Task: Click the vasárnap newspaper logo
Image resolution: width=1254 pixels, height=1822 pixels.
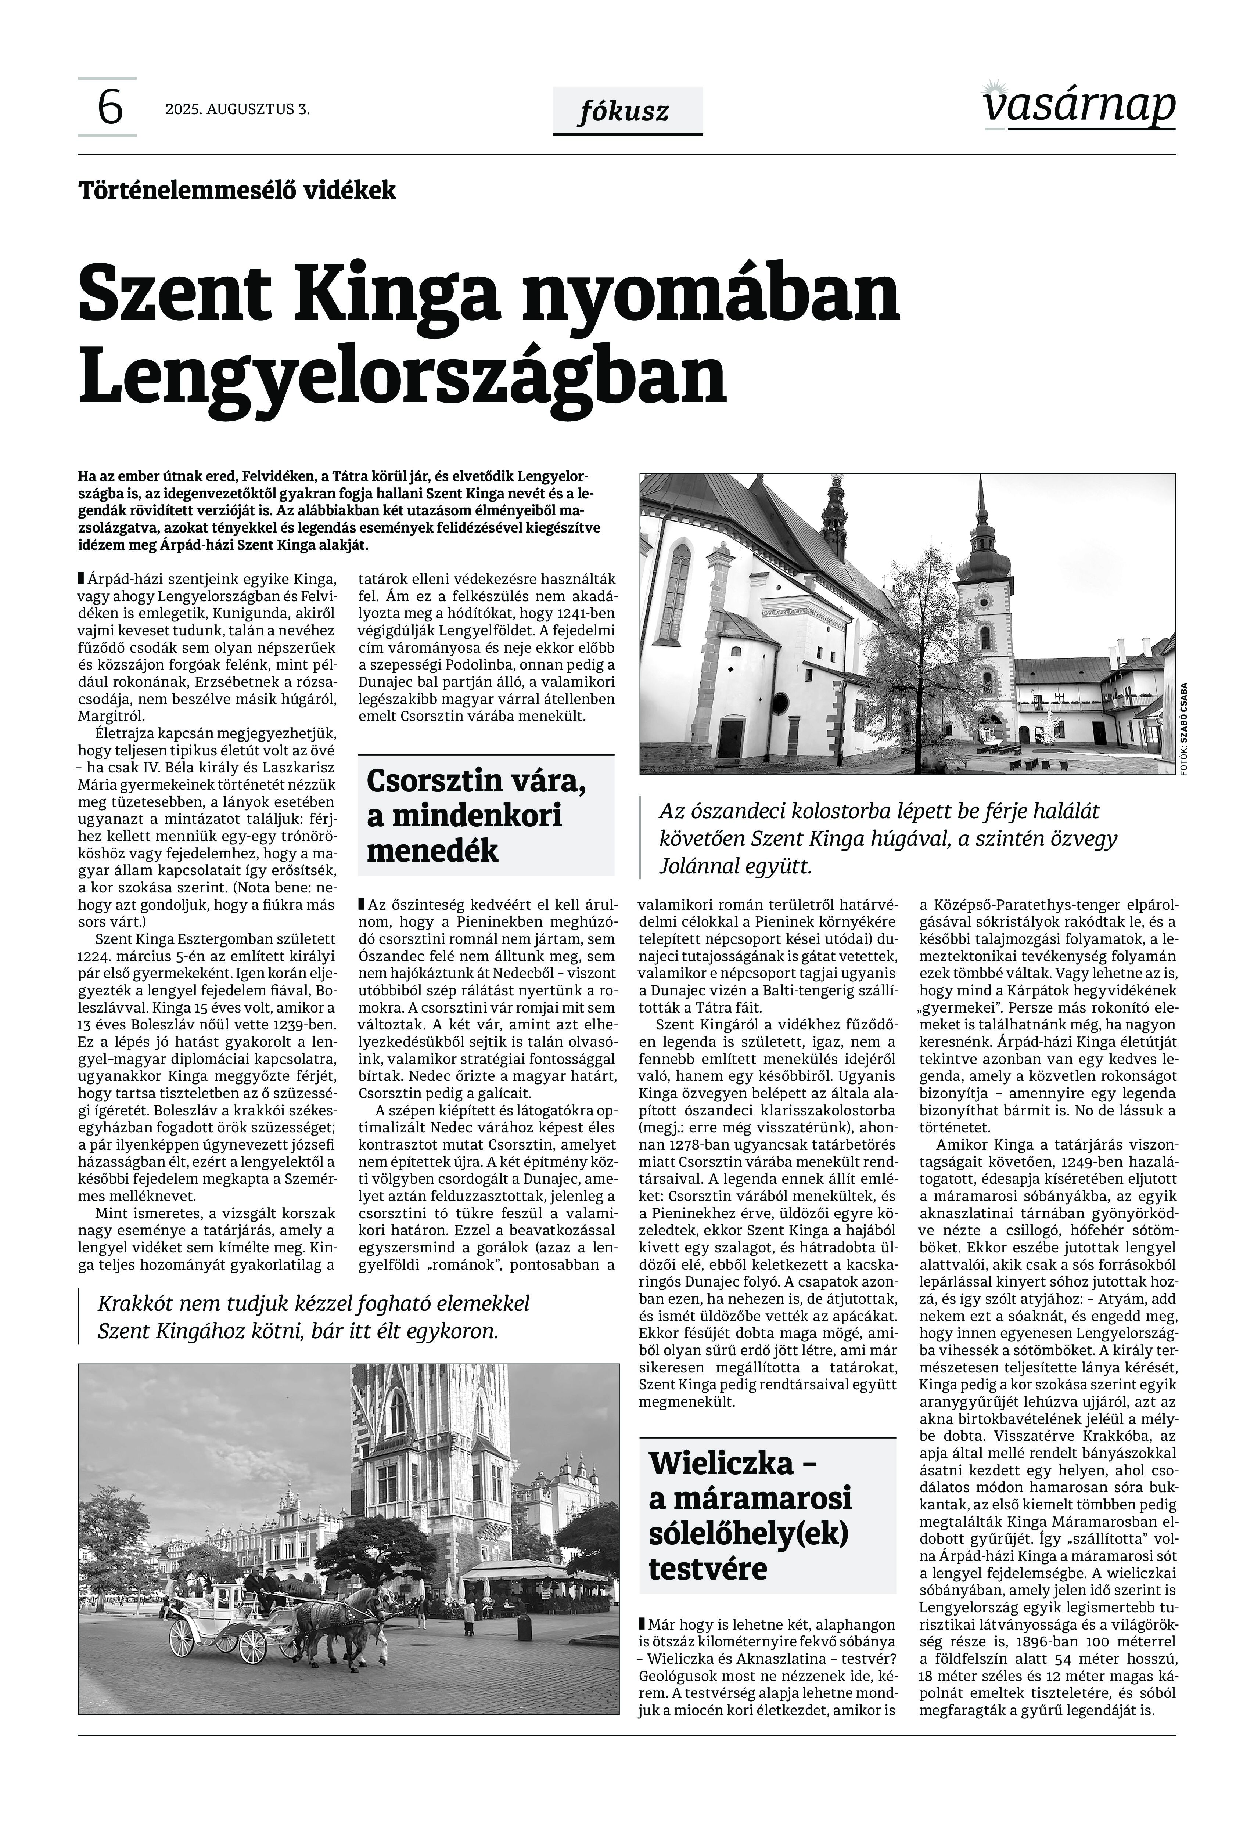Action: [x=1079, y=106]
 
